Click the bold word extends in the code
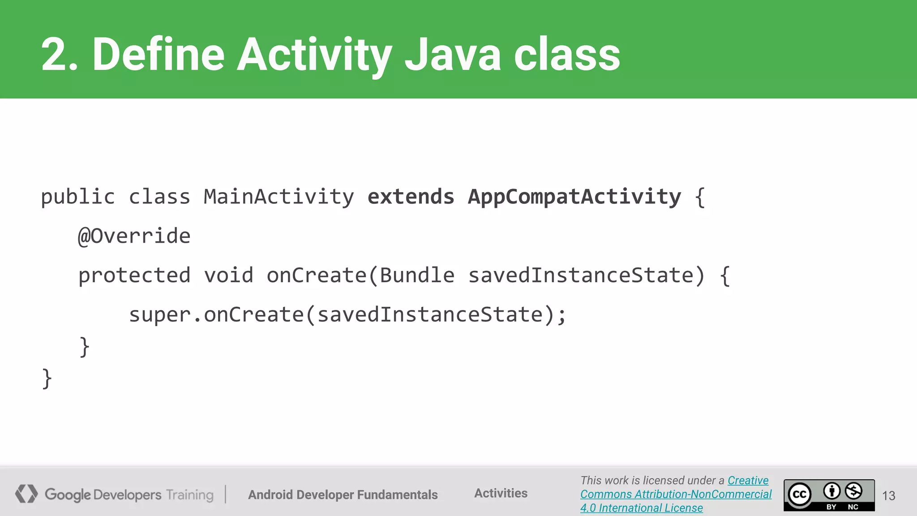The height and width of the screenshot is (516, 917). pos(411,197)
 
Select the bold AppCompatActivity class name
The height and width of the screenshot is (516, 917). pos(574,197)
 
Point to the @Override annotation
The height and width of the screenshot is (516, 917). pos(134,236)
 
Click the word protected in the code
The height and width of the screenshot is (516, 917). pos(134,275)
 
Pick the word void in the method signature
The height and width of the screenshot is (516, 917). pos(228,275)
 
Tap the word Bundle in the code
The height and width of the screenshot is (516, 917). pos(417,275)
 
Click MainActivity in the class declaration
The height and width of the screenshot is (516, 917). pos(279,197)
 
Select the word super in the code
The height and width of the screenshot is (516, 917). pos(160,315)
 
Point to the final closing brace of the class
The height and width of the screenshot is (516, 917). pos(47,379)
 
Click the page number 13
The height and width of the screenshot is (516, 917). pos(888,495)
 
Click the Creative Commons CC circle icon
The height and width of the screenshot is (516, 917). pos(800,494)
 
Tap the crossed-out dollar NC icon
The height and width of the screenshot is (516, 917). pos(853,491)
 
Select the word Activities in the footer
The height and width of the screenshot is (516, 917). pos(501,493)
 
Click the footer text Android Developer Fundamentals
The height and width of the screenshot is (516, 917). pos(343,494)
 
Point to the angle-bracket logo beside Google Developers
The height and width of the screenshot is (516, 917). pos(26,494)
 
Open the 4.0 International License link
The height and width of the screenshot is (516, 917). pos(641,508)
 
